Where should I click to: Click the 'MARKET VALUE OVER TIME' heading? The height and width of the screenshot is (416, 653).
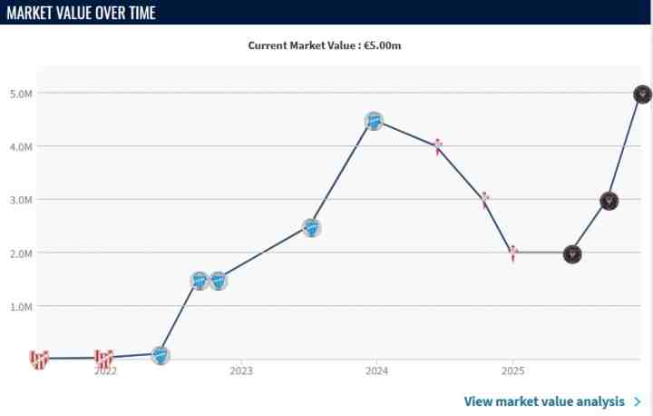point(81,13)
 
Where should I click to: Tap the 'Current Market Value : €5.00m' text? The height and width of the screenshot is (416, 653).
point(325,45)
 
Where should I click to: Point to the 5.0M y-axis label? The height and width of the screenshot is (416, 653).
point(22,94)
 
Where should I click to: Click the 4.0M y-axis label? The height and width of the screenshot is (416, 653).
point(22,146)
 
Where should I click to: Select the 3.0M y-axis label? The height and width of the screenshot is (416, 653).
point(22,200)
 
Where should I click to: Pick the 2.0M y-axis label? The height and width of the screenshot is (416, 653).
point(22,253)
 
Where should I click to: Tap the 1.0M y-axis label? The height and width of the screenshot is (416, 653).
point(22,306)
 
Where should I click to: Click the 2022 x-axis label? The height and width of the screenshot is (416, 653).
point(105,371)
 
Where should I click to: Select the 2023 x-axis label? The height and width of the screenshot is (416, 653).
point(241,371)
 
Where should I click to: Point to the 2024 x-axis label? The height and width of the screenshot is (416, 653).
point(377,371)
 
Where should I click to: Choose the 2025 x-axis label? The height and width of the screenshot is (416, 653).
point(512,371)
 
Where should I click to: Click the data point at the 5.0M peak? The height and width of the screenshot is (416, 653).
point(642,94)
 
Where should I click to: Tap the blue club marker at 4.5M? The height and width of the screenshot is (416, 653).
point(374,121)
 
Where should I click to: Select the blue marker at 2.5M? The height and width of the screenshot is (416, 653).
point(311,228)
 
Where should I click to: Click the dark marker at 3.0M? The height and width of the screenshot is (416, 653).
point(609,201)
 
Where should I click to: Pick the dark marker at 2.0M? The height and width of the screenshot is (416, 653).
point(571,254)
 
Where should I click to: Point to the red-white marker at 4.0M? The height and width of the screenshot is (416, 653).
point(437,146)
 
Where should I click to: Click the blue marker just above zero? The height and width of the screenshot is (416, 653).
point(161,355)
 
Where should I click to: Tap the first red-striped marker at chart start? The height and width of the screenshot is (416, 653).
point(38,359)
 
